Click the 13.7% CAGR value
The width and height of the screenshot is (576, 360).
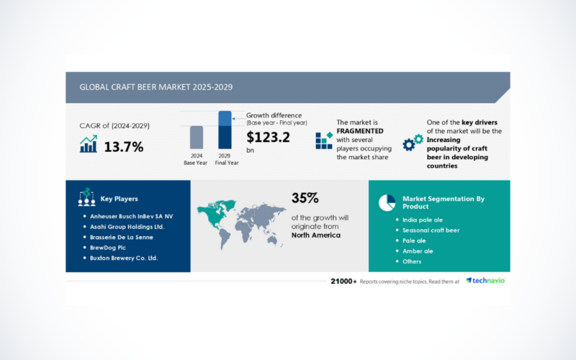click(x=124, y=147)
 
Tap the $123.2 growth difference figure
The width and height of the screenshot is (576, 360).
click(x=268, y=138)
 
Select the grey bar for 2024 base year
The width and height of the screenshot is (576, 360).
click(x=197, y=137)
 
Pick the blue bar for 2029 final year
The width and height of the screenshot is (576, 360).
click(x=225, y=130)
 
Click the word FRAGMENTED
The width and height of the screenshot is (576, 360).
click(x=359, y=131)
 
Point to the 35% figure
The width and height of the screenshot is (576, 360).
click(x=305, y=198)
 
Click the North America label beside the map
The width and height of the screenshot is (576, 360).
click(x=316, y=235)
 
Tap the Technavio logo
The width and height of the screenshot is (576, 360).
click(x=485, y=281)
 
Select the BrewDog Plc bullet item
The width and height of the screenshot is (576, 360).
click(x=107, y=248)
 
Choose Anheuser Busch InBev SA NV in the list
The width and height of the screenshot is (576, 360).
click(x=131, y=217)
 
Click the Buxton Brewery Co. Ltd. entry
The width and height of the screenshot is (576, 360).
click(x=124, y=258)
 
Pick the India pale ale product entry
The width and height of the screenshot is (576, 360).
click(x=423, y=220)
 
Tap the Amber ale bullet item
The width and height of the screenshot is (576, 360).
click(x=418, y=251)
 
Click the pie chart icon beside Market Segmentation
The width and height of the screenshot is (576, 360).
click(x=387, y=203)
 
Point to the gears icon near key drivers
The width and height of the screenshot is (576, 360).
click(x=413, y=143)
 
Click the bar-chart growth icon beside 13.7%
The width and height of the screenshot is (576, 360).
click(x=89, y=144)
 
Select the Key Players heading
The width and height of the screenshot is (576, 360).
click(x=119, y=199)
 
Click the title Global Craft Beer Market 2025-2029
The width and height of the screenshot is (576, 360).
click(x=156, y=87)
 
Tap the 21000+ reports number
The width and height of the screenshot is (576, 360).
click(x=343, y=282)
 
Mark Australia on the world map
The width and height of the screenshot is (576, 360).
click(x=272, y=240)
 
